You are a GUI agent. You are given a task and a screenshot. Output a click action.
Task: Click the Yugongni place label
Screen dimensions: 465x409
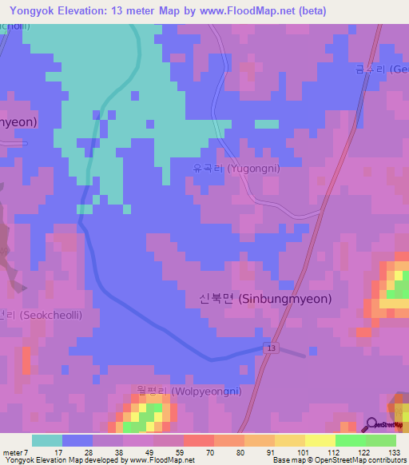[x=236, y=169]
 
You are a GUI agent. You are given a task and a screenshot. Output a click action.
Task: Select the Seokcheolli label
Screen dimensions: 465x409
[x=40, y=315]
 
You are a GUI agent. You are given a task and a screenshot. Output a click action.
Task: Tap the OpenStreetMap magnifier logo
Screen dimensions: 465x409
[x=372, y=425]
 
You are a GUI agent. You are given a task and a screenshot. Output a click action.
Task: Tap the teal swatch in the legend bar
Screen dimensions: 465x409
[x=47, y=440]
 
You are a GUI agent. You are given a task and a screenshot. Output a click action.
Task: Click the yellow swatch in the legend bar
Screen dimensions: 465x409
[x=320, y=440]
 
